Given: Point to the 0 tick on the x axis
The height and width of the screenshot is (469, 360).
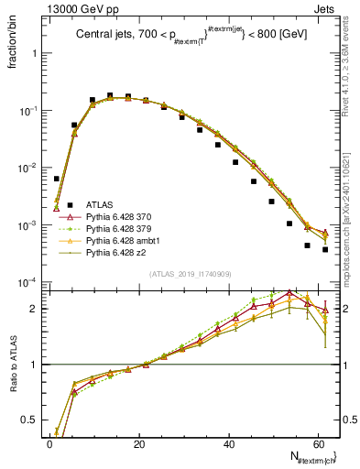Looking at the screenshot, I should pos(49,443).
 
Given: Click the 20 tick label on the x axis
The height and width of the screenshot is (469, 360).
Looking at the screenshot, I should pos(139,443).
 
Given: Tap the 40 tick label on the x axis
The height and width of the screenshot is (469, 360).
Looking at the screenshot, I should pos(229,443).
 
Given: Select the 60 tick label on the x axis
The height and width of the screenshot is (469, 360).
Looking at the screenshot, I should pos(318,443).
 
